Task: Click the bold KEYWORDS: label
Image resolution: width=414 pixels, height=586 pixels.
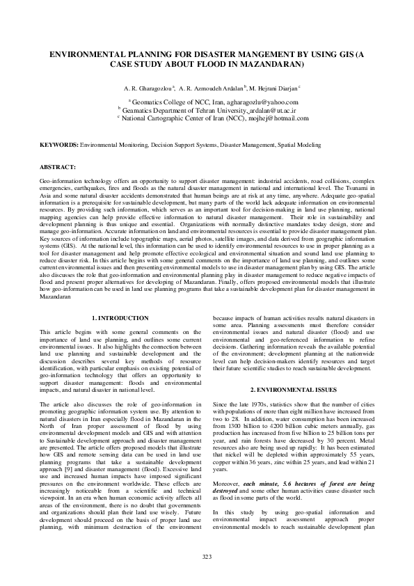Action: pyautogui.click(x=58, y=145)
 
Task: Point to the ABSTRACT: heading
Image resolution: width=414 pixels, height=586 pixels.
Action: pyautogui.click(x=58, y=168)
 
